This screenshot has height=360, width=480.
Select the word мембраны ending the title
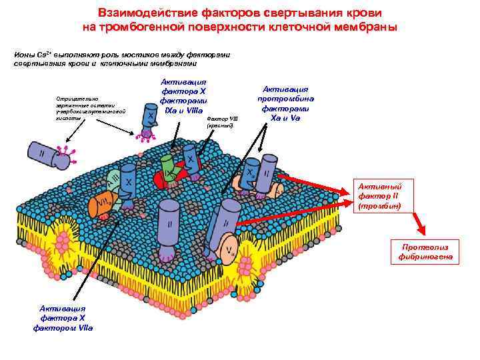coord(365,27)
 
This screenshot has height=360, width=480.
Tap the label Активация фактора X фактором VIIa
coord(67,317)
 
